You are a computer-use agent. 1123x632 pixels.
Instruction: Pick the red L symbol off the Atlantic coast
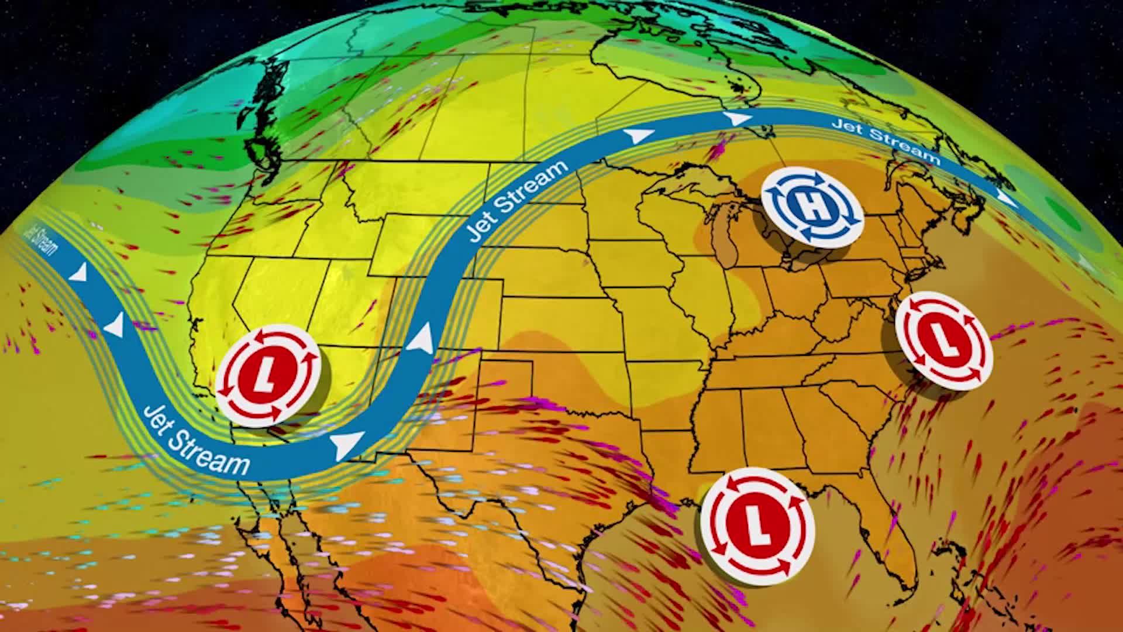point(943,341)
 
